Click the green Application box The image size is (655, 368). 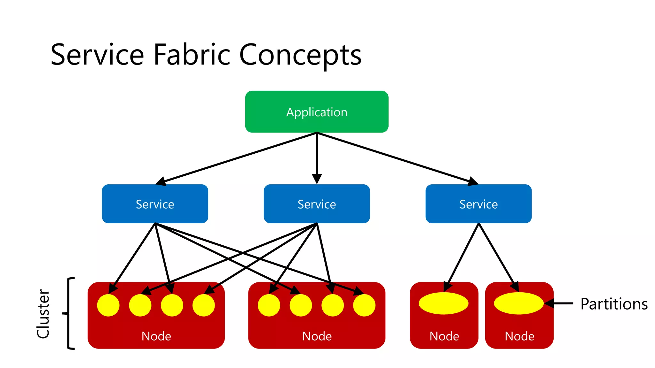[x=317, y=112]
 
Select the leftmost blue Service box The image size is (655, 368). [x=155, y=204]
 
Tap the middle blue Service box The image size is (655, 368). [x=317, y=204]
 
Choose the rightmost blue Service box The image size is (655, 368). [x=478, y=204]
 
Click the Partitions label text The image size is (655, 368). [x=614, y=304]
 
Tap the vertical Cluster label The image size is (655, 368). [x=43, y=314]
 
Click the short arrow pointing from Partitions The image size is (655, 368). [x=560, y=303]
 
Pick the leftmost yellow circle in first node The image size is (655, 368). [x=108, y=305]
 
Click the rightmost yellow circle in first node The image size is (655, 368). [x=204, y=305]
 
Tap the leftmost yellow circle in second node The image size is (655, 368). [x=269, y=305]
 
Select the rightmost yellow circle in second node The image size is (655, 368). [x=364, y=305]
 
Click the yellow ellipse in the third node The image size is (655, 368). [x=444, y=303]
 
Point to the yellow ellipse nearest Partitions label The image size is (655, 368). [x=518, y=303]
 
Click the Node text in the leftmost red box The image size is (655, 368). [x=156, y=336]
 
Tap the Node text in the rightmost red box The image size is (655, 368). [x=519, y=336]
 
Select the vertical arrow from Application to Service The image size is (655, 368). [x=317, y=157]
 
